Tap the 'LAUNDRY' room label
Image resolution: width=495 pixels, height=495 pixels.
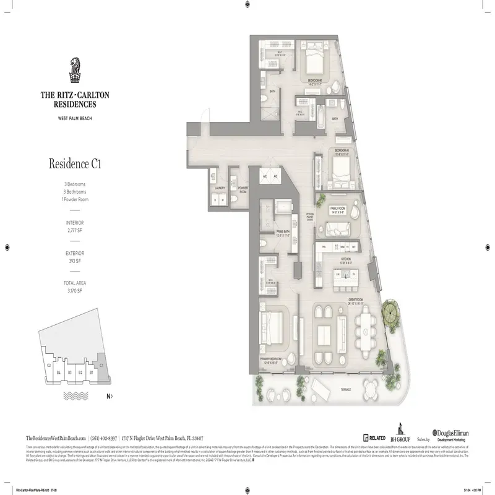[218, 187]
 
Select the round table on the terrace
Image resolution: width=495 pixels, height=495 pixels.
[371, 389]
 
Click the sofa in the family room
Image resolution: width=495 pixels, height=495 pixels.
[339, 229]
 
